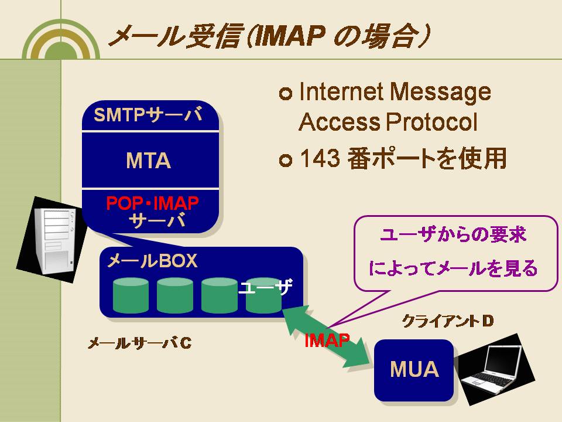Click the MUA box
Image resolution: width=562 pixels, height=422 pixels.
(414, 370)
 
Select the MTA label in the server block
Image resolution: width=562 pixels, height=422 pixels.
(148, 161)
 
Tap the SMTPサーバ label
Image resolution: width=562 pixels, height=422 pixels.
(148, 115)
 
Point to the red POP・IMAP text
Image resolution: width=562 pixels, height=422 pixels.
(152, 203)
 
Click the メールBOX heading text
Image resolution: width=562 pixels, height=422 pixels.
(152, 261)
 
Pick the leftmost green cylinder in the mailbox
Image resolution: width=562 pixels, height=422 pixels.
(131, 295)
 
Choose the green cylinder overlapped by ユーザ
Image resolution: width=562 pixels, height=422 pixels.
(263, 295)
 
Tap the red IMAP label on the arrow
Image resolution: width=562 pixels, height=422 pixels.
(327, 340)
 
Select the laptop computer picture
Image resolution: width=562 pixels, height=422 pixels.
(496, 369)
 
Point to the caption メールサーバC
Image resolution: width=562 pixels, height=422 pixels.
(140, 343)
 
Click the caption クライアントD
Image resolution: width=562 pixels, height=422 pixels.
(448, 321)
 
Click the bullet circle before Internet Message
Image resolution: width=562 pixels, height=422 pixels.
(285, 94)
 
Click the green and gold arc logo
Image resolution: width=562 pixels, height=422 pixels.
(61, 40)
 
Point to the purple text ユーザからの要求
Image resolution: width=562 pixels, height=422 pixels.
(453, 235)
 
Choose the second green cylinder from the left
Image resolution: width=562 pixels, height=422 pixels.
(175, 295)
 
